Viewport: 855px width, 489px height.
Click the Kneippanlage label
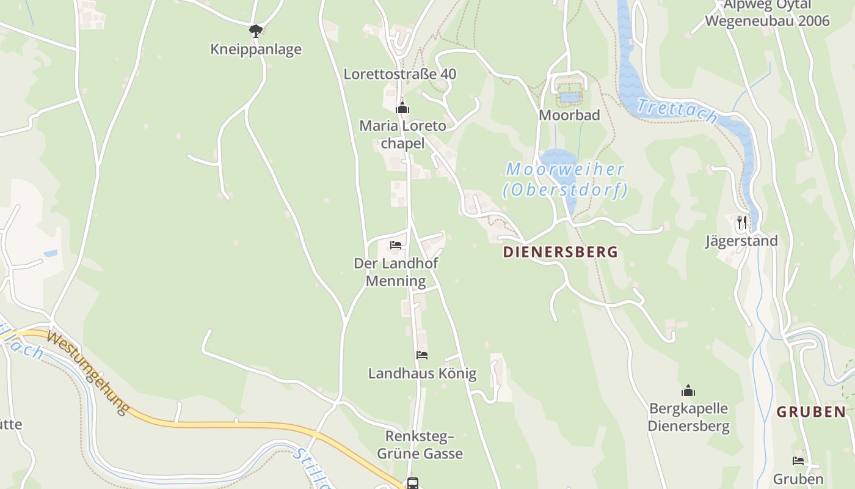256,49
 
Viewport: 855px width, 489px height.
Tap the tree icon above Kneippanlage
256,30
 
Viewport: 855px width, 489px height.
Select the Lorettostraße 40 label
400,74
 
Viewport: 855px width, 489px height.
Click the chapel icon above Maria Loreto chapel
402,108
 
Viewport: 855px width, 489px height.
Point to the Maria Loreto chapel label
402,134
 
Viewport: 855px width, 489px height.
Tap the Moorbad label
569,115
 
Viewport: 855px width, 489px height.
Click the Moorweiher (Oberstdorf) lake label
566,180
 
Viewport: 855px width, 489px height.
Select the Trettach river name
677,111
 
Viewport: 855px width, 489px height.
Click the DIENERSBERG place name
561,252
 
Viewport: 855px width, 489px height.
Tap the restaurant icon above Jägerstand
742,222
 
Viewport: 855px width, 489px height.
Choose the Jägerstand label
742,241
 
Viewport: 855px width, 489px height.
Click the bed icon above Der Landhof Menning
396,245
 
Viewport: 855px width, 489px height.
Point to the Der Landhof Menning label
396,272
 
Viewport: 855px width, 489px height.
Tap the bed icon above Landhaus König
422,355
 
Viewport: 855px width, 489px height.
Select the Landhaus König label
422,373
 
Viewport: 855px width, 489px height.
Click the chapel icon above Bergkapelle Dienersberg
688,391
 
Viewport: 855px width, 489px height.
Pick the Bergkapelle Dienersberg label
689,417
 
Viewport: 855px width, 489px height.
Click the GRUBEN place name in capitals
811,412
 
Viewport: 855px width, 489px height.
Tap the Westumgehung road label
88,372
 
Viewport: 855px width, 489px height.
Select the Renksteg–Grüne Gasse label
420,445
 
